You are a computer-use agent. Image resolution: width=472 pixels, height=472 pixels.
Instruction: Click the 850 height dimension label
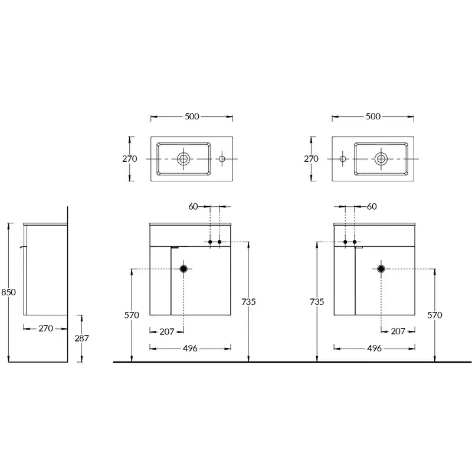coord(8,292)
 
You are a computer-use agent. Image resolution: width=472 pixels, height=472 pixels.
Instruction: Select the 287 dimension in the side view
coord(81,338)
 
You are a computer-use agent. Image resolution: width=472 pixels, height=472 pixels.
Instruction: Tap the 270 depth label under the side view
coord(46,328)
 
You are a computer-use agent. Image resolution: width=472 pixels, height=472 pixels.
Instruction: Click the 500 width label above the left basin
coord(192,116)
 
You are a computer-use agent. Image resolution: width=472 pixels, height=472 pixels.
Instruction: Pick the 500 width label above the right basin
coord(373,116)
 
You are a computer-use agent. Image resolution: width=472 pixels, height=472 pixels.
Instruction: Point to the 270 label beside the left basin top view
coord(129,158)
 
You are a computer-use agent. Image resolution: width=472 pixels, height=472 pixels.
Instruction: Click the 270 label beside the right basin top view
coord(311,158)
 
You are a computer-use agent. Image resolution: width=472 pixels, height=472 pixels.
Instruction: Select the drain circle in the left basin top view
coord(183,158)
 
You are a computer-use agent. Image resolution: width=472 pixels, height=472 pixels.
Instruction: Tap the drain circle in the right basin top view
coord(381,158)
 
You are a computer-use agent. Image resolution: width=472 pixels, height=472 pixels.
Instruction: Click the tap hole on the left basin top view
coord(222,158)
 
